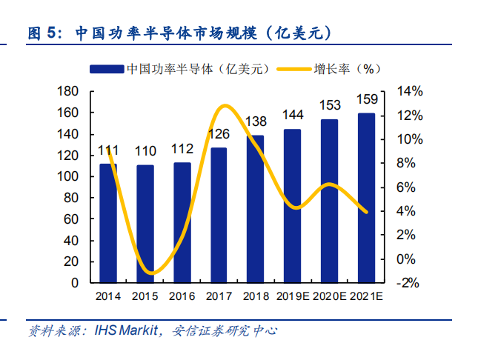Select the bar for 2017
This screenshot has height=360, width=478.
219,215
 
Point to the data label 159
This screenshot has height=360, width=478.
366,99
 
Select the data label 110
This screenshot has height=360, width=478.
145,151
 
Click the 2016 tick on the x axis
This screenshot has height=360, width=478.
182,296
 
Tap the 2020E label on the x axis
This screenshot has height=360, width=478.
331,296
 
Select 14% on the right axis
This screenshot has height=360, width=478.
409,91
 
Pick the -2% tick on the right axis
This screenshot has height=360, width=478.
409,283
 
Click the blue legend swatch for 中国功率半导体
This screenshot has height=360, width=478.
106,69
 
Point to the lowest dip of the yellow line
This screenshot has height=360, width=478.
150,273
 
